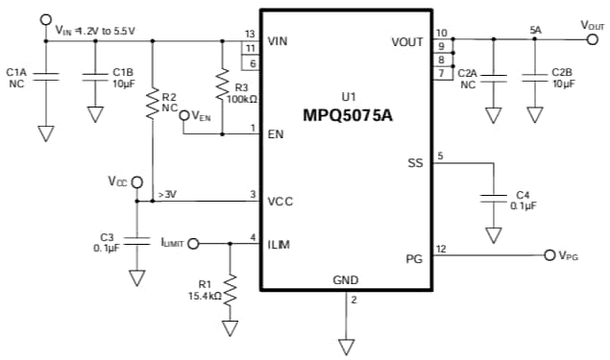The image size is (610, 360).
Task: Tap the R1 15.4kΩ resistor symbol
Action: pos(231,285)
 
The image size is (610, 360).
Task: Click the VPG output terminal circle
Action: pos(549,255)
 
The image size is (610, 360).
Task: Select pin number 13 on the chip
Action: pos(250,34)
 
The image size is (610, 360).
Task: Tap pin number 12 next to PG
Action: pos(440,249)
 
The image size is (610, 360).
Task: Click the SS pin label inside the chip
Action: pos(415,163)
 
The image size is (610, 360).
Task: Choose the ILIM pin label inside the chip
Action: pos(279,244)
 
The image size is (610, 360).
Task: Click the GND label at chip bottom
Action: pos(345,279)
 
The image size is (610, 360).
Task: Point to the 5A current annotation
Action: pos(535,31)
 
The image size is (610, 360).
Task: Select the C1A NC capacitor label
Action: pos(16,77)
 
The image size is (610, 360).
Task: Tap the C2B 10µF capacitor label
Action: pos(562,78)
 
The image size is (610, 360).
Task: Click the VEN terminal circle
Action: pos(185,115)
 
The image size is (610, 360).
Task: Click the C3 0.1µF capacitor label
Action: pos(107,243)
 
